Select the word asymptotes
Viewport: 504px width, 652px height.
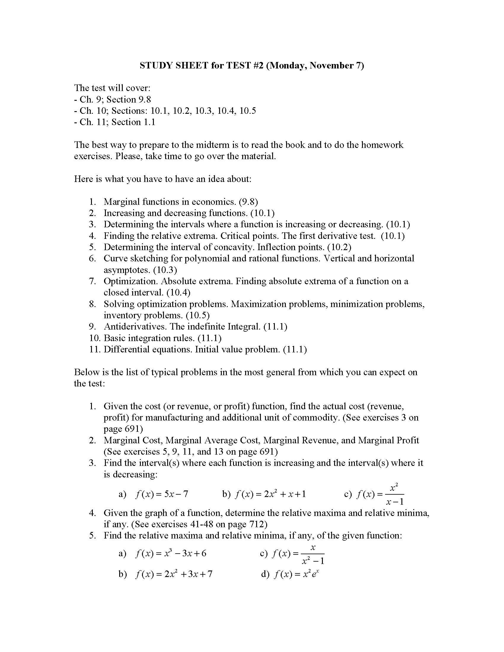point(127,270)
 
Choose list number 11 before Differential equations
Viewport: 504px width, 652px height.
point(95,349)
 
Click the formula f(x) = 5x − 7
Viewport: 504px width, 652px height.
point(162,494)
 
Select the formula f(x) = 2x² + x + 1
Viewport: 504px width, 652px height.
point(270,494)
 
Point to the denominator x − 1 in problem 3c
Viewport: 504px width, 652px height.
point(395,502)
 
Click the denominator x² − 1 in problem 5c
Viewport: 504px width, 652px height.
point(312,561)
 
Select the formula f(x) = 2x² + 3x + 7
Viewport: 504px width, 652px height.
point(173,574)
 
